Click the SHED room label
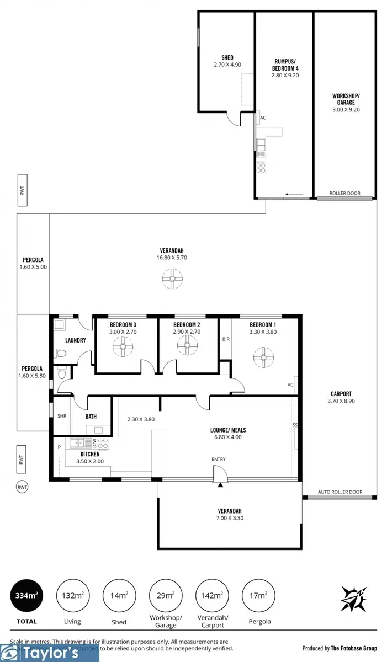pyautogui.click(x=227, y=57)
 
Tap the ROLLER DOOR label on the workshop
pyautogui.click(x=344, y=194)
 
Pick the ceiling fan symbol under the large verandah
pyautogui.click(x=173, y=280)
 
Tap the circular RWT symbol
pyautogui.click(x=22, y=487)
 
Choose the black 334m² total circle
pyautogui.click(x=26, y=597)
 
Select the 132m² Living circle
pyautogui.click(x=72, y=597)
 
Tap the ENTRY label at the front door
pyautogui.click(x=219, y=459)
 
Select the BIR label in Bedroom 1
pyautogui.click(x=226, y=338)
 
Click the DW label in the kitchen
pyautogui.click(x=94, y=442)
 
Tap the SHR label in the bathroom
pyautogui.click(x=62, y=416)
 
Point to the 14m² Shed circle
pyautogui.click(x=118, y=597)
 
